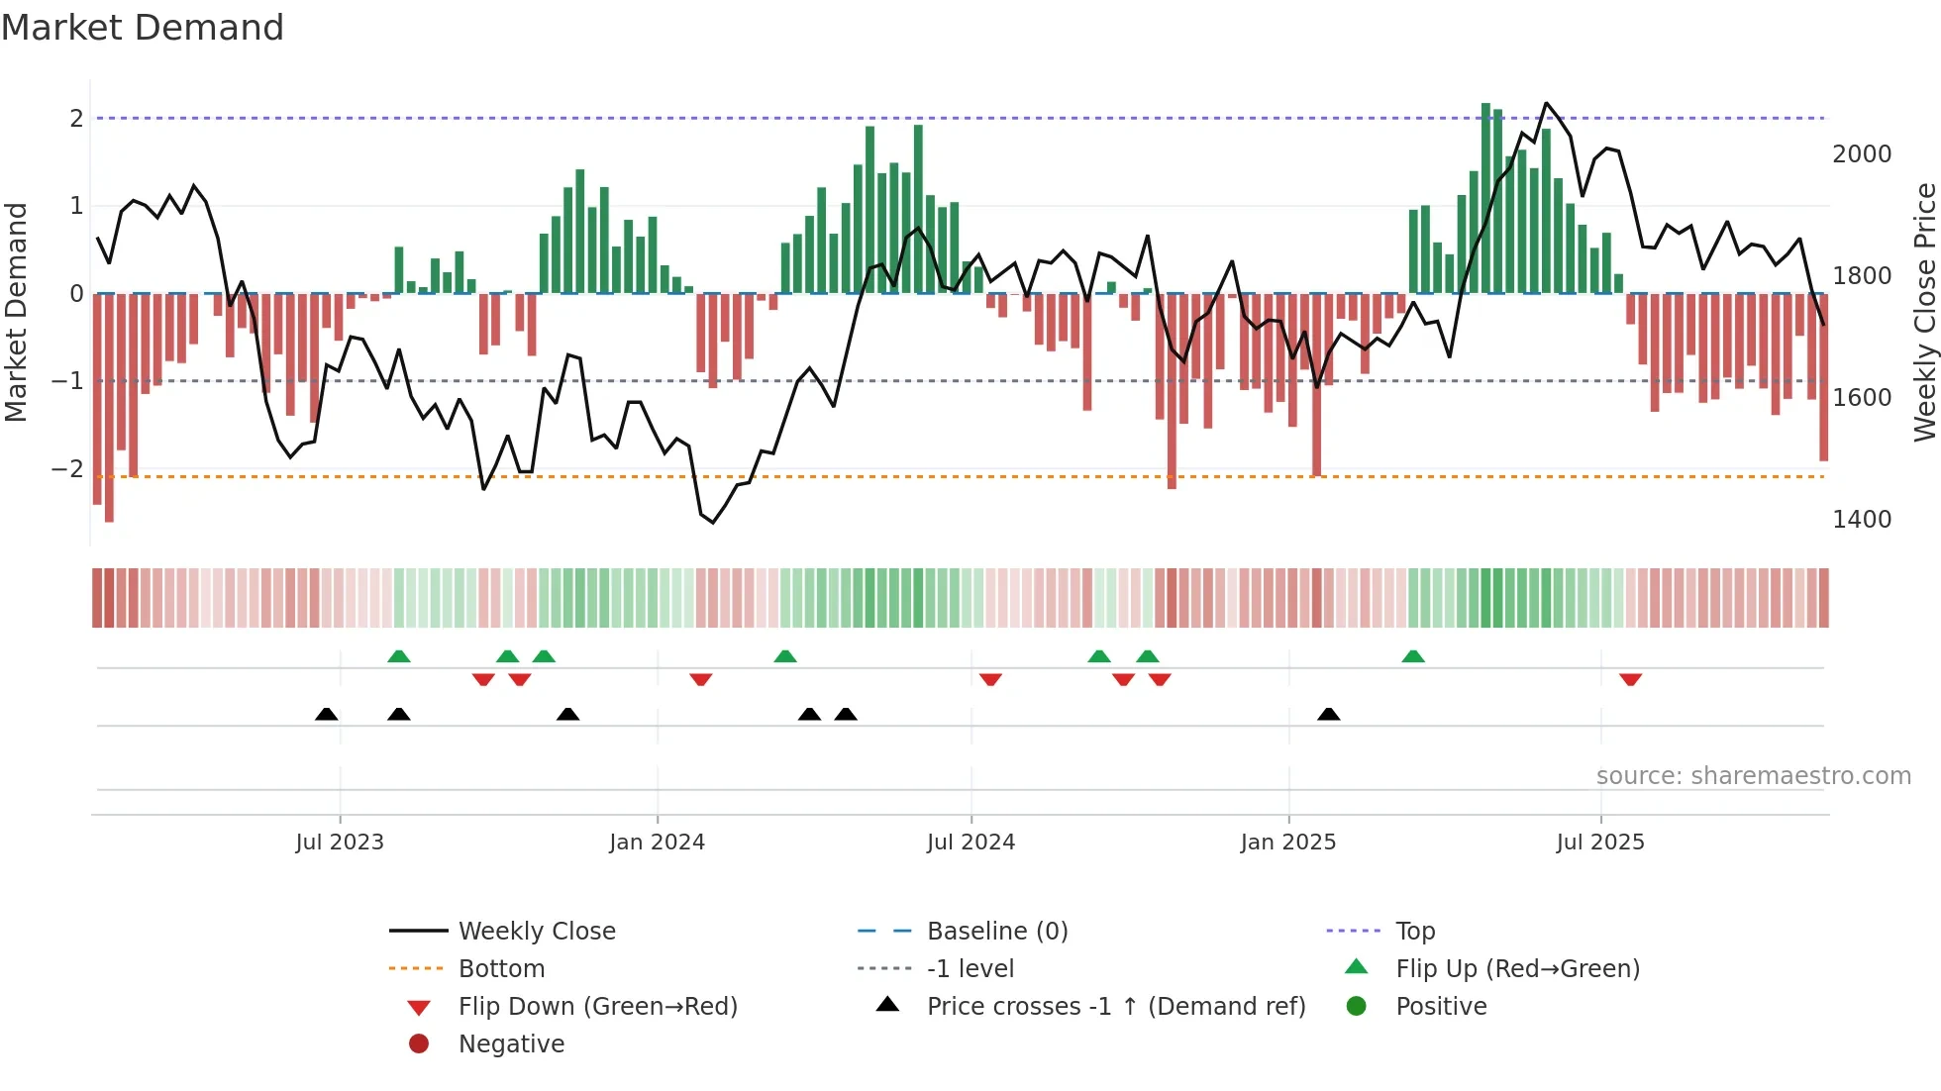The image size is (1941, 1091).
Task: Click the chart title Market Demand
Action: point(143,28)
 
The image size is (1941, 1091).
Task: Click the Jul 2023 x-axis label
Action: point(340,843)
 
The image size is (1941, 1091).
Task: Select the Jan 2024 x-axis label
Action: point(657,843)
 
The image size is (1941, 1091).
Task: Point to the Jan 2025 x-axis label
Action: point(1287,843)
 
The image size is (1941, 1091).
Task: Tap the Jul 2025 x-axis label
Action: point(1600,843)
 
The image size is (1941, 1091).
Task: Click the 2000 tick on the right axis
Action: point(1862,154)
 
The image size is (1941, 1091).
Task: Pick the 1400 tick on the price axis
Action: point(1862,520)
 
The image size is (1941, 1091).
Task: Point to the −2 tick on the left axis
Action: point(68,469)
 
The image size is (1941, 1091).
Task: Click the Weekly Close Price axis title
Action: point(1924,312)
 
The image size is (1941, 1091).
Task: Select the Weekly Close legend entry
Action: point(536,932)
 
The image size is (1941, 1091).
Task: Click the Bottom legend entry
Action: point(501,969)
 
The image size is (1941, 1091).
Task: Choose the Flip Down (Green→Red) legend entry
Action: point(597,1007)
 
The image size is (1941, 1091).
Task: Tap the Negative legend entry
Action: point(511,1044)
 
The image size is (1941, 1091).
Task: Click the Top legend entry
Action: point(1415,932)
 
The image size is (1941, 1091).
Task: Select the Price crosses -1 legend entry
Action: point(1115,1007)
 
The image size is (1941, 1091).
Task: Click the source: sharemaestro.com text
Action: point(1753,776)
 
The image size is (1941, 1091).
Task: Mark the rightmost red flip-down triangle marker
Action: point(1631,679)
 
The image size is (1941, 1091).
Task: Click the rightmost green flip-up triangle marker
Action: point(1413,656)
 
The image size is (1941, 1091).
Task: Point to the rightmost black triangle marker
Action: point(1329,714)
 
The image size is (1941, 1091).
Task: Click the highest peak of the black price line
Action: point(1546,103)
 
